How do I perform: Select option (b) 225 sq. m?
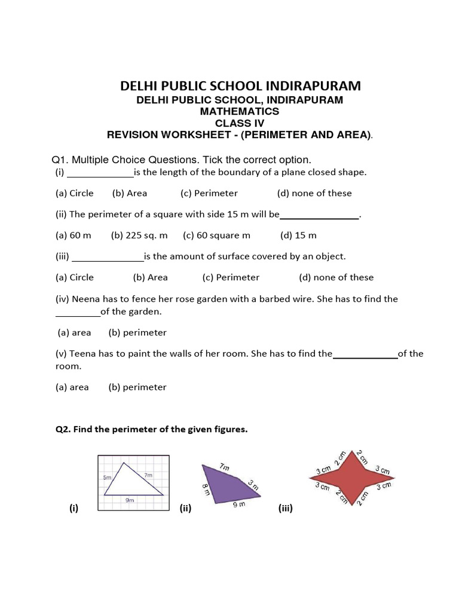(x=139, y=235)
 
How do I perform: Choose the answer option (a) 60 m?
(x=73, y=235)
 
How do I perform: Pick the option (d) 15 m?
(x=298, y=235)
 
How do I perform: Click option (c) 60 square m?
(x=216, y=235)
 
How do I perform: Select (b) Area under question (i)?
(x=129, y=193)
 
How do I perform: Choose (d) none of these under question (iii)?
(x=336, y=277)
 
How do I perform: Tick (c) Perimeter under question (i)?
(x=209, y=193)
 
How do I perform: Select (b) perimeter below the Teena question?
(x=137, y=387)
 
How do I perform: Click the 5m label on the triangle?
(x=107, y=478)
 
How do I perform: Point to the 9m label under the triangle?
(x=129, y=500)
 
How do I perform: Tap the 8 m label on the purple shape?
(x=206, y=489)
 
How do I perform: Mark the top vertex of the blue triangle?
(x=124, y=462)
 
